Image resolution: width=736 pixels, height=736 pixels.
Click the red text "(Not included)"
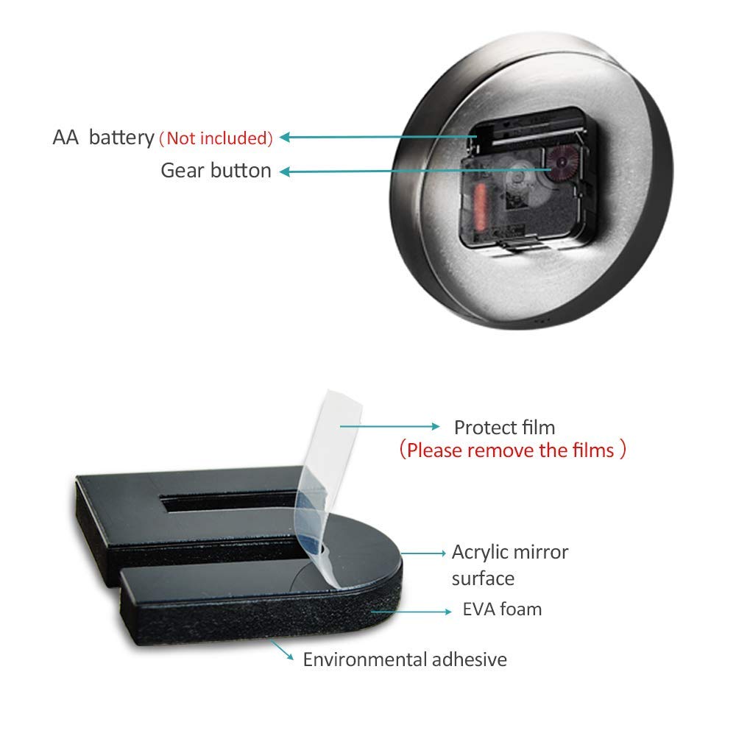point(216,138)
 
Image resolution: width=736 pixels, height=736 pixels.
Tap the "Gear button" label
point(216,171)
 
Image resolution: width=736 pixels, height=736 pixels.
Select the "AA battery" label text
point(103,138)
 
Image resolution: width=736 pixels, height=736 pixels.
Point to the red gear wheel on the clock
point(562,162)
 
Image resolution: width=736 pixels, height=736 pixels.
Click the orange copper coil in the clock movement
point(480,207)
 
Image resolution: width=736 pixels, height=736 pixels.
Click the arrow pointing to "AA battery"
point(378,137)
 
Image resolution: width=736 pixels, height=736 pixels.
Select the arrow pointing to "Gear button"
point(415,171)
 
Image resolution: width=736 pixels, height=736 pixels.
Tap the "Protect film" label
point(505,428)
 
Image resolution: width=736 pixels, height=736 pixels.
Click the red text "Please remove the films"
point(511,450)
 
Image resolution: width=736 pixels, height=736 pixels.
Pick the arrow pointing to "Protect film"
point(389,426)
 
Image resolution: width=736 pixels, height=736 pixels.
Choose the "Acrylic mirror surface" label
point(510,565)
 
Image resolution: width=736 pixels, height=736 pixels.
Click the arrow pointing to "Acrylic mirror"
point(423,553)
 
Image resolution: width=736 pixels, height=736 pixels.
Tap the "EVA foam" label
point(502,609)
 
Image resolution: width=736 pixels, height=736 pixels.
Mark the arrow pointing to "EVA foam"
point(411,612)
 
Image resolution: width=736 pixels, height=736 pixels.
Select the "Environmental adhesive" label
point(405,659)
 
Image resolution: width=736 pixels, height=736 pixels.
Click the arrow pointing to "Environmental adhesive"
point(282,651)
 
